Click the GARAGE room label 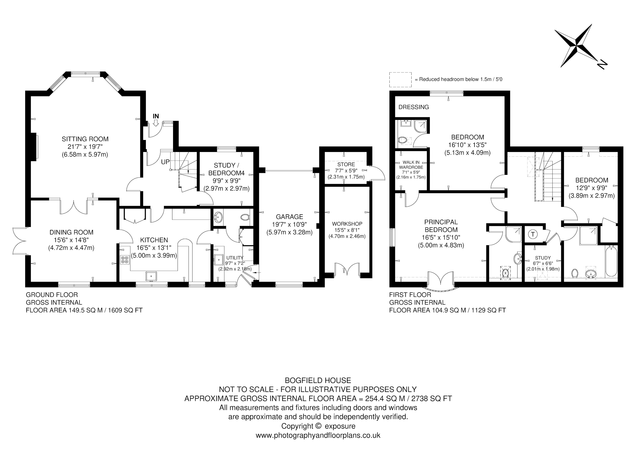[290, 217]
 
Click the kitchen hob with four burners [125, 259]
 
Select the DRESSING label [414, 107]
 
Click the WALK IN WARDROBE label [411, 165]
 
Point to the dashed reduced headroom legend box [400, 80]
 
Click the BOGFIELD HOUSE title [318, 380]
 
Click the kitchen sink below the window [151, 276]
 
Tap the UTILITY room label [235, 258]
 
